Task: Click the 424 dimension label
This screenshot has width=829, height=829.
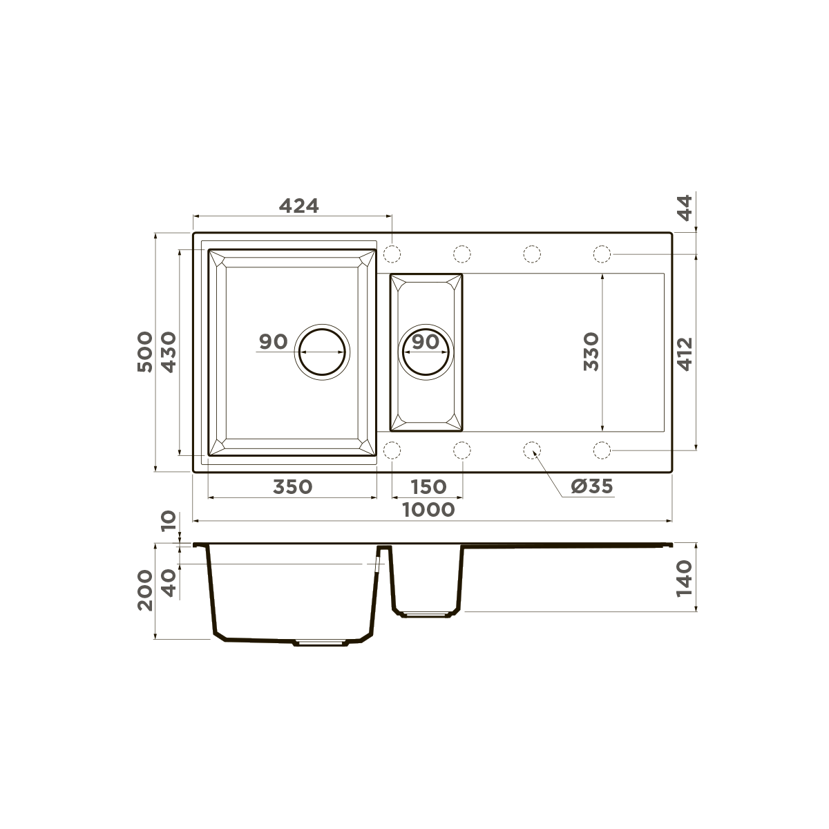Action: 298,205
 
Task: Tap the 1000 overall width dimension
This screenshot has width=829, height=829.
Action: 428,510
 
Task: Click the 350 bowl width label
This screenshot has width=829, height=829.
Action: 292,486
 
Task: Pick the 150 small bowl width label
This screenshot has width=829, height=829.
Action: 428,486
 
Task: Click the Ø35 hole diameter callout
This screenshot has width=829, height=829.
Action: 591,486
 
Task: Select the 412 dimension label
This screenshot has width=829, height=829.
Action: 684,353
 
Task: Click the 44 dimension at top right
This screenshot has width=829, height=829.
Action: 684,207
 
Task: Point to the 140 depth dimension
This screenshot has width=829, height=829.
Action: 684,578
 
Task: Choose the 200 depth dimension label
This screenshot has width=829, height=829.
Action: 144,590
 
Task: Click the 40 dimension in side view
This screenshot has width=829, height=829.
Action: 169,583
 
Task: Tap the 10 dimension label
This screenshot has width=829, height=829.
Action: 169,522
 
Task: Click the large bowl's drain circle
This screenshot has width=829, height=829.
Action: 323,351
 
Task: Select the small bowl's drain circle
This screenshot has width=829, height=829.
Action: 427,351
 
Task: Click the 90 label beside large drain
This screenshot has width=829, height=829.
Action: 273,341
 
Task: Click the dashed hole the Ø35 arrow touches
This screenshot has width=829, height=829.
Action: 532,450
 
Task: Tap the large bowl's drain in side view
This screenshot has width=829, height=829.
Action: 321,642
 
